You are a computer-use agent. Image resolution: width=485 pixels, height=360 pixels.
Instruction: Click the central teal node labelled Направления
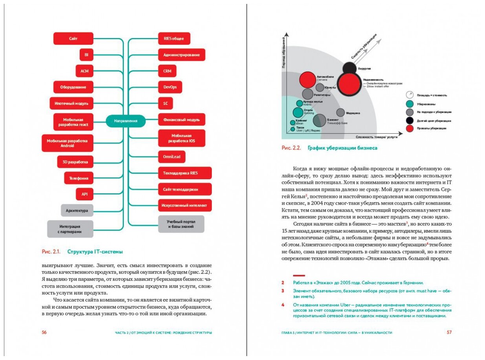point(126,121)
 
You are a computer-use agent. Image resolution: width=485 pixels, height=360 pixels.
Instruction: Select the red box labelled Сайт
point(73,39)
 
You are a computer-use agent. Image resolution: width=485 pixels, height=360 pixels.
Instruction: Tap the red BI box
point(86,55)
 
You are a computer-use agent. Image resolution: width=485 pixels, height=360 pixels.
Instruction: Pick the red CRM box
point(167,71)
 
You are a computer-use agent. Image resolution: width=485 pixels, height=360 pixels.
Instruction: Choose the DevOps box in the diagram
point(170,87)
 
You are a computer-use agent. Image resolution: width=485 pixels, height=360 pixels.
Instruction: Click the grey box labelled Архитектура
point(77,210)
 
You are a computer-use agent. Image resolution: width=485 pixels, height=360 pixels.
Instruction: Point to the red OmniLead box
point(171,157)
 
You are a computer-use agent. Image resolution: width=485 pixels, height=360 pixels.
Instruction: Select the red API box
point(84,194)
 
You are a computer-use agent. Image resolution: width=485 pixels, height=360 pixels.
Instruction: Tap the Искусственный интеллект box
point(185,205)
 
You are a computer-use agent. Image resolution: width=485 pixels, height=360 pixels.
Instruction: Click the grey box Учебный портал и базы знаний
point(181,224)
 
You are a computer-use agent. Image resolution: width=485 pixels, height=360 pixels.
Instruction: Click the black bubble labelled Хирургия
point(350,68)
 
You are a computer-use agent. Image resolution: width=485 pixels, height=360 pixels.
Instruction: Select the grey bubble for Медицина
point(341,113)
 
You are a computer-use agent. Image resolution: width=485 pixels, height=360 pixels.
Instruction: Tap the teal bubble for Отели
point(298,112)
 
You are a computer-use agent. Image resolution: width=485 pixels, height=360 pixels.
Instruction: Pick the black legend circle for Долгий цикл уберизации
point(410,120)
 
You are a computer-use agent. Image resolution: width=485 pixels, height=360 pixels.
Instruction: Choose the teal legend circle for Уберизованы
point(410,104)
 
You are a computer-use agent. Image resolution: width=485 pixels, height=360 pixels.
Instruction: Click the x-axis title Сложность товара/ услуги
point(377,137)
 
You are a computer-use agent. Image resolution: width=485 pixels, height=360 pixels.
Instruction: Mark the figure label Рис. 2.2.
point(291,148)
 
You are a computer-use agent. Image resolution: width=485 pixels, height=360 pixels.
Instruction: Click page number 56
point(44,332)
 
